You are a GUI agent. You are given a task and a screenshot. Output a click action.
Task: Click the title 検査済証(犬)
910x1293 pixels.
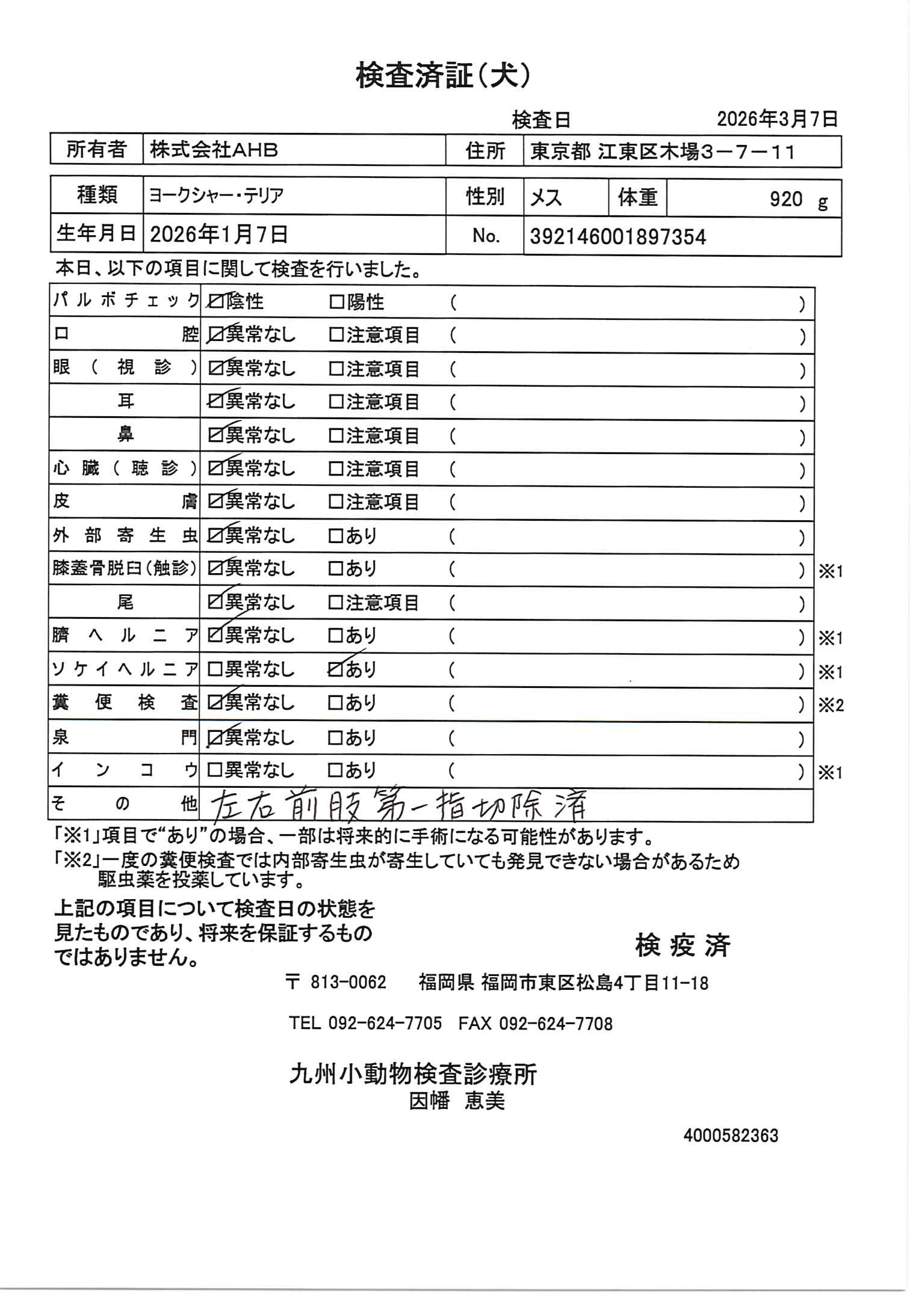pyautogui.click(x=443, y=77)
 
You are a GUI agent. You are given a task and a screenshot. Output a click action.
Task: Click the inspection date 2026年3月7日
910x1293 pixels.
pyautogui.click(x=777, y=119)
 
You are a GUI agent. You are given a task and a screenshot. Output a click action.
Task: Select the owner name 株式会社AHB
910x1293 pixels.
pyautogui.click(x=214, y=150)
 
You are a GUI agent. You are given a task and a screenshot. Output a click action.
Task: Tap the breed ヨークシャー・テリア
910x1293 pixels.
pyautogui.click(x=216, y=196)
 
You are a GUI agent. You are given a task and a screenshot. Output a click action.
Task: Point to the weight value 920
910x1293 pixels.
pyautogui.click(x=786, y=199)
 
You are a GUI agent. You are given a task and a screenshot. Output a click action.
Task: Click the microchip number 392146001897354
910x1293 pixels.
pyautogui.click(x=617, y=237)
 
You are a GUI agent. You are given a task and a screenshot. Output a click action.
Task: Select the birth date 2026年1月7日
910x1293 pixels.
pyautogui.click(x=219, y=235)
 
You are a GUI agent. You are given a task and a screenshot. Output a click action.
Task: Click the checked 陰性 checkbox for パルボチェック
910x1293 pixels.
pyautogui.click(x=215, y=302)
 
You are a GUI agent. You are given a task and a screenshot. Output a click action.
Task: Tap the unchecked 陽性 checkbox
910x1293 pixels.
pyautogui.click(x=336, y=302)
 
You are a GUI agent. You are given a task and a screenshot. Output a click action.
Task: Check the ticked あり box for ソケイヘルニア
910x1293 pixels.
pyautogui.click(x=336, y=669)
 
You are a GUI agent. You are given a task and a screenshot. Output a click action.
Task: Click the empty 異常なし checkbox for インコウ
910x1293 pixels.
pyautogui.click(x=214, y=770)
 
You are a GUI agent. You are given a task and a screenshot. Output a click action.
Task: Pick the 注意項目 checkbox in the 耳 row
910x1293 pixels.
pyautogui.click(x=336, y=402)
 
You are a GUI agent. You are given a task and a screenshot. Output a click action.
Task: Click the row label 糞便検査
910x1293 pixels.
pyautogui.click(x=125, y=702)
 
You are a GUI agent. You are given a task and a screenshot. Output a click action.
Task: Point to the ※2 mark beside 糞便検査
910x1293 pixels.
pyautogui.click(x=831, y=705)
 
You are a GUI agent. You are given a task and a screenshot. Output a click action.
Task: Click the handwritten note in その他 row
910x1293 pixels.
pyautogui.click(x=398, y=806)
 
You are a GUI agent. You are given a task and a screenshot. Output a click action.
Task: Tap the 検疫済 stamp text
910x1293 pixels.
pyautogui.click(x=682, y=945)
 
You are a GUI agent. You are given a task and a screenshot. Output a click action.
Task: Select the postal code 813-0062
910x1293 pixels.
pyautogui.click(x=348, y=983)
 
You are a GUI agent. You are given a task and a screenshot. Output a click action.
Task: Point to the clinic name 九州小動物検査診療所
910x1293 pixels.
pyautogui.click(x=413, y=1073)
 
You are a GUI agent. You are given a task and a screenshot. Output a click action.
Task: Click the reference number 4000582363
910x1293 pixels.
pyautogui.click(x=731, y=1135)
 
